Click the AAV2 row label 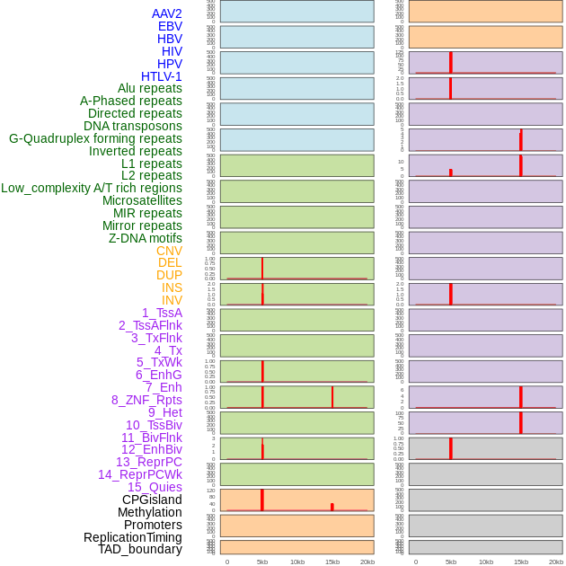click(x=166, y=13)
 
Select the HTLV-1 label click(x=161, y=76)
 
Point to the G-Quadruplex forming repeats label click(x=95, y=138)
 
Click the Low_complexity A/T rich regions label click(x=92, y=188)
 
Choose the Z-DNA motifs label click(x=145, y=238)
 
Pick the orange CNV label click(x=169, y=251)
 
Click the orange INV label click(x=172, y=300)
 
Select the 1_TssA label click(x=162, y=313)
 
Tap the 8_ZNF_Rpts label click(x=146, y=400)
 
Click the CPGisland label click(x=152, y=500)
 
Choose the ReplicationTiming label click(x=133, y=537)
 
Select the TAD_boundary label click(x=140, y=549)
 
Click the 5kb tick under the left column click(x=262, y=562)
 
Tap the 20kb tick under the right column click(x=555, y=562)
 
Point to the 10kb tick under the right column click(x=485, y=562)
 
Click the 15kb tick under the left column click(x=332, y=562)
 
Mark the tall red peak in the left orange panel click(x=261, y=500)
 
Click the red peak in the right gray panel click(x=450, y=447)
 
